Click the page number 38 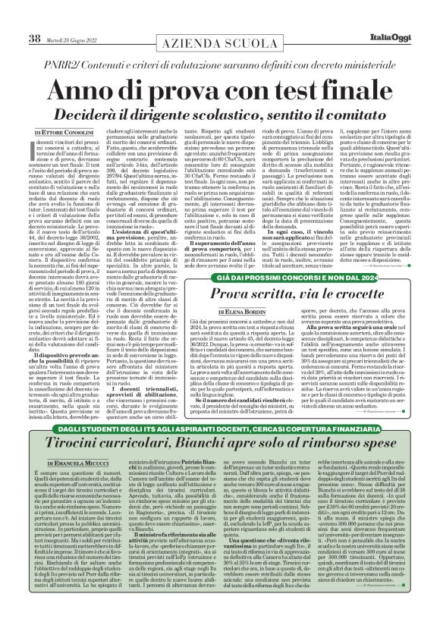pos(33,17)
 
